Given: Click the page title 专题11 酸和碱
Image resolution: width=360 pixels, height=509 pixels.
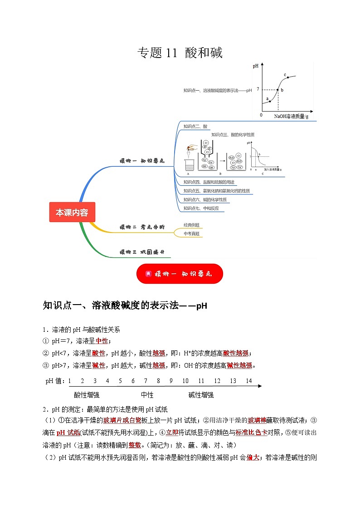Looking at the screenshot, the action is coord(180,53).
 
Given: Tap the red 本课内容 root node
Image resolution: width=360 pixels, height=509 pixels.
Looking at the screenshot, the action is coord(72,212).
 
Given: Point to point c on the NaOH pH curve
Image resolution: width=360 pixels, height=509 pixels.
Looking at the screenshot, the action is coord(288,78).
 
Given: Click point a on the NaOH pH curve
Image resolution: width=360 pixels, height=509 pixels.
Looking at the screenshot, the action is coord(270,101).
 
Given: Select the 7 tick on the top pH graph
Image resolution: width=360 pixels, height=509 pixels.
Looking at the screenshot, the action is coord(258,89).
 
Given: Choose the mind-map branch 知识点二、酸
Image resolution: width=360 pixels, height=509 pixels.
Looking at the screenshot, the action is coord(195,126).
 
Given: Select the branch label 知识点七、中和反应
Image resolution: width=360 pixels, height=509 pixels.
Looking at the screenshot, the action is coord(203,208).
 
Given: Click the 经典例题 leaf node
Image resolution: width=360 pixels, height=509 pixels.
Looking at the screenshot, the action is coord(191,225).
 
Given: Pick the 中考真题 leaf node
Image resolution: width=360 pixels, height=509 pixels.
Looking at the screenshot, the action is coord(191,233).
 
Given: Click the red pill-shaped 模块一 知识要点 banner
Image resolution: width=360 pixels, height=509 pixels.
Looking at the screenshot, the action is coord(180,274).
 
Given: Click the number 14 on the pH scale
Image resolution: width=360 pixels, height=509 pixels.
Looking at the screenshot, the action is coord(248,381).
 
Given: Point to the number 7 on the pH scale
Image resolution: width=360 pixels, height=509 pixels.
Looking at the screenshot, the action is coord(146,381).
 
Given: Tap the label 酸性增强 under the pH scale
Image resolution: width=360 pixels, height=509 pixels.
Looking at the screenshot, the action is coord(87,395).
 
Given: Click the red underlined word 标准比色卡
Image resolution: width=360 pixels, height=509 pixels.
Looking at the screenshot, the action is coord(251,432).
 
